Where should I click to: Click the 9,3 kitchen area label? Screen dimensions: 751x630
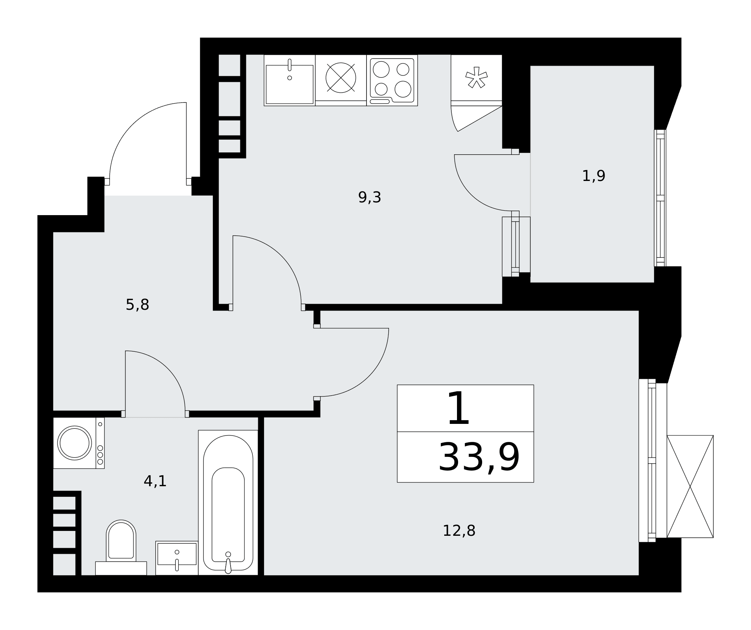pyautogui.click(x=369, y=197)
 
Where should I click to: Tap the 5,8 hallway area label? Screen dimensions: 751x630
pyautogui.click(x=137, y=304)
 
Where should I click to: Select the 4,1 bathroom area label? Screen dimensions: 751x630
pyautogui.click(x=155, y=481)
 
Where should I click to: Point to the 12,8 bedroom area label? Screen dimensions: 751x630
pyautogui.click(x=459, y=531)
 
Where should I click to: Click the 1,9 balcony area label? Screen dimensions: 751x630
pyautogui.click(x=593, y=176)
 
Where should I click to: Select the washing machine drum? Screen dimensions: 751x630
pyautogui.click(x=74, y=443)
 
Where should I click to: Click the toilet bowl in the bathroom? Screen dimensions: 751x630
pyautogui.click(x=121, y=540)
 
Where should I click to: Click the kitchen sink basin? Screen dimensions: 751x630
pyautogui.click(x=290, y=84)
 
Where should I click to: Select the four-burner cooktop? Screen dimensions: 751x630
pyautogui.click(x=392, y=80)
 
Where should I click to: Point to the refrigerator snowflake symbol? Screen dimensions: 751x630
pyautogui.click(x=476, y=77)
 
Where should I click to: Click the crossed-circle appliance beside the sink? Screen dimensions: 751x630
pyautogui.click(x=341, y=78)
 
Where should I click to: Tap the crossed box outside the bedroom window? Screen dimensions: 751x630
pyautogui.click(x=690, y=487)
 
